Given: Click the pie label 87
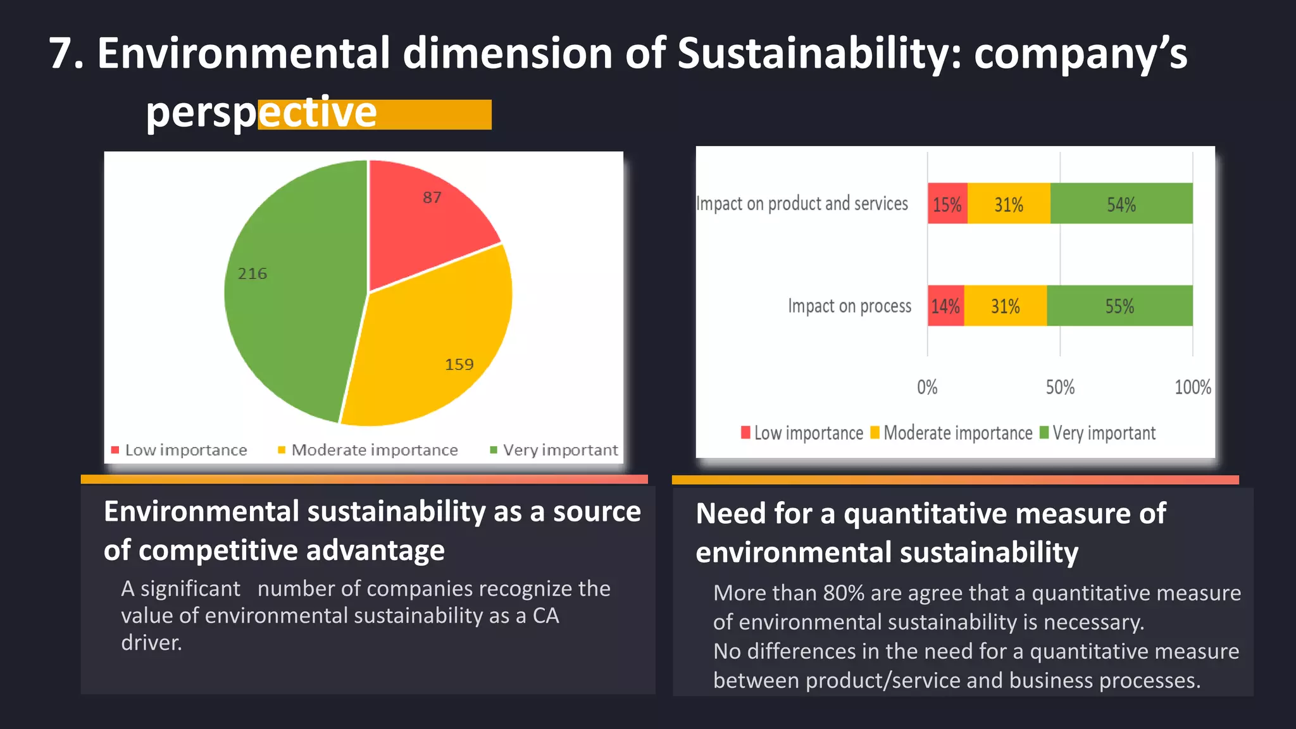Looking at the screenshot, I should [432, 197].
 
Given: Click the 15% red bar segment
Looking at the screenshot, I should [947, 204].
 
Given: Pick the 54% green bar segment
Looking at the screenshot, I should [1121, 204].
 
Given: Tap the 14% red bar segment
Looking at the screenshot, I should [945, 306].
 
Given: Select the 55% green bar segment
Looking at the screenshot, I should [1119, 306].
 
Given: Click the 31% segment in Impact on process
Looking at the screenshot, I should [1005, 306].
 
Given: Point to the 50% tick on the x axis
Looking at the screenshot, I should [1060, 387].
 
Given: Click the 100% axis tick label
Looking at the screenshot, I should [1193, 387].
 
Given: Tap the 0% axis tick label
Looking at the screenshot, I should [927, 387].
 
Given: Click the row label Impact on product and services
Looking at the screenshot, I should [802, 204].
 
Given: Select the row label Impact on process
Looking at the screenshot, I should [849, 306].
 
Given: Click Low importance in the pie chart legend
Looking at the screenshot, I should [185, 450].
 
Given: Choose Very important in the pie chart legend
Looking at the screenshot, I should [560, 450].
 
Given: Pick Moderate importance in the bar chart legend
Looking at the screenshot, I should [957, 433].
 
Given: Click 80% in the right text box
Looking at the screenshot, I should [844, 593].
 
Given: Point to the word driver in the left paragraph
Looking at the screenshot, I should [151, 643].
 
